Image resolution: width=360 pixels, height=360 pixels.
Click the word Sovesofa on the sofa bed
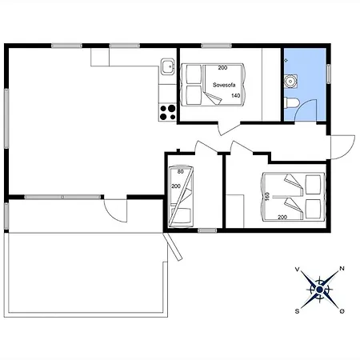click(x=224, y=85)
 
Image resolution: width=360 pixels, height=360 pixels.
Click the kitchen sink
click(x=168, y=66)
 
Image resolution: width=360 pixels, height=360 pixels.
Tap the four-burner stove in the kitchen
click(x=167, y=112)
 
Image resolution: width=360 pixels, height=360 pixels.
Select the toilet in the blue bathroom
click(x=291, y=103)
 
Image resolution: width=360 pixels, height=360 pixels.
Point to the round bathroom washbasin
click(x=290, y=80)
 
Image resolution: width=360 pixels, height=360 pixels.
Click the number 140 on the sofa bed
click(x=236, y=95)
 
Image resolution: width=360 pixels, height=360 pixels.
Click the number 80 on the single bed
click(x=181, y=172)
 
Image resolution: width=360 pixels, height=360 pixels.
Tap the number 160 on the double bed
click(x=267, y=196)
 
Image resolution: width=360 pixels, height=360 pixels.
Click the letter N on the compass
click(x=342, y=269)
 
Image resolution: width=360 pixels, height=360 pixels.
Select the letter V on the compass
click(x=297, y=270)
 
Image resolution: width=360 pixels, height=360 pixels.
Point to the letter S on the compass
click(x=297, y=311)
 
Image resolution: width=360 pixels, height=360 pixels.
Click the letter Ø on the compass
click(x=342, y=311)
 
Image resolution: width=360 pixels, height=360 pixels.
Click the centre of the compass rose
click(x=319, y=290)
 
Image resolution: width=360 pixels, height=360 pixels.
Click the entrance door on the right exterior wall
click(x=342, y=147)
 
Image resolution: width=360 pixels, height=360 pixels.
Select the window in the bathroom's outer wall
click(x=329, y=74)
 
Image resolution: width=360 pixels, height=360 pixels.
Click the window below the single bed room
click(x=207, y=230)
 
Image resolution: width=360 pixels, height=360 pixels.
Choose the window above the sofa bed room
click(x=216, y=46)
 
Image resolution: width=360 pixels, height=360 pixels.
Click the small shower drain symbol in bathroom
click(x=286, y=60)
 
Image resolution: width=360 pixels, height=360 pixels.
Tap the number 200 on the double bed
click(x=282, y=218)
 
